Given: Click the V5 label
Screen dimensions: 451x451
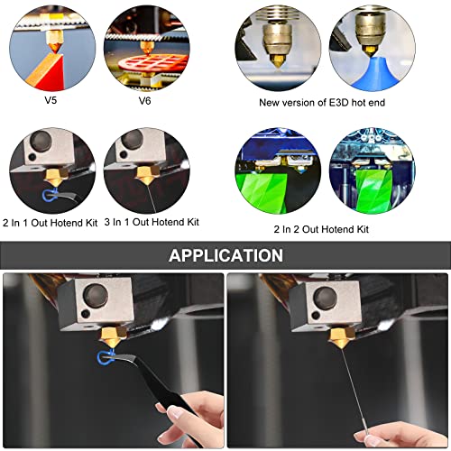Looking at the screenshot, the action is coord(51,100).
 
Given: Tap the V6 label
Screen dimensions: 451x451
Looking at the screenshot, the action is coord(144,100).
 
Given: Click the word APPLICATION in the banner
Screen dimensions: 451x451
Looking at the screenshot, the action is coord(225,255).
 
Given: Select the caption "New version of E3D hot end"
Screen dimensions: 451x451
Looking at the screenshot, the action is coord(322,103).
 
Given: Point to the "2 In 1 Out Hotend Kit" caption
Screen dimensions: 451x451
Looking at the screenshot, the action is coord(51,223).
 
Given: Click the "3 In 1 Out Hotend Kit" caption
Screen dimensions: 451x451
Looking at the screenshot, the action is coord(152,222).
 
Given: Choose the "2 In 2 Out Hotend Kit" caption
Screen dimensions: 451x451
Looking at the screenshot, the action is coord(321,229).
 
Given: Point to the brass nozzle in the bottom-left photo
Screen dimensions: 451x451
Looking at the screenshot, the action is coord(114,338).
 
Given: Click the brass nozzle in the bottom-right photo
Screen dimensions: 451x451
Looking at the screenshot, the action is coord(341,338).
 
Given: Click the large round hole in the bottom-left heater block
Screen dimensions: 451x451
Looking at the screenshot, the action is coord(97,294).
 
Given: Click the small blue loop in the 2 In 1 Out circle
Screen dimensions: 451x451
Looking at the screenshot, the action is coord(48,195).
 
